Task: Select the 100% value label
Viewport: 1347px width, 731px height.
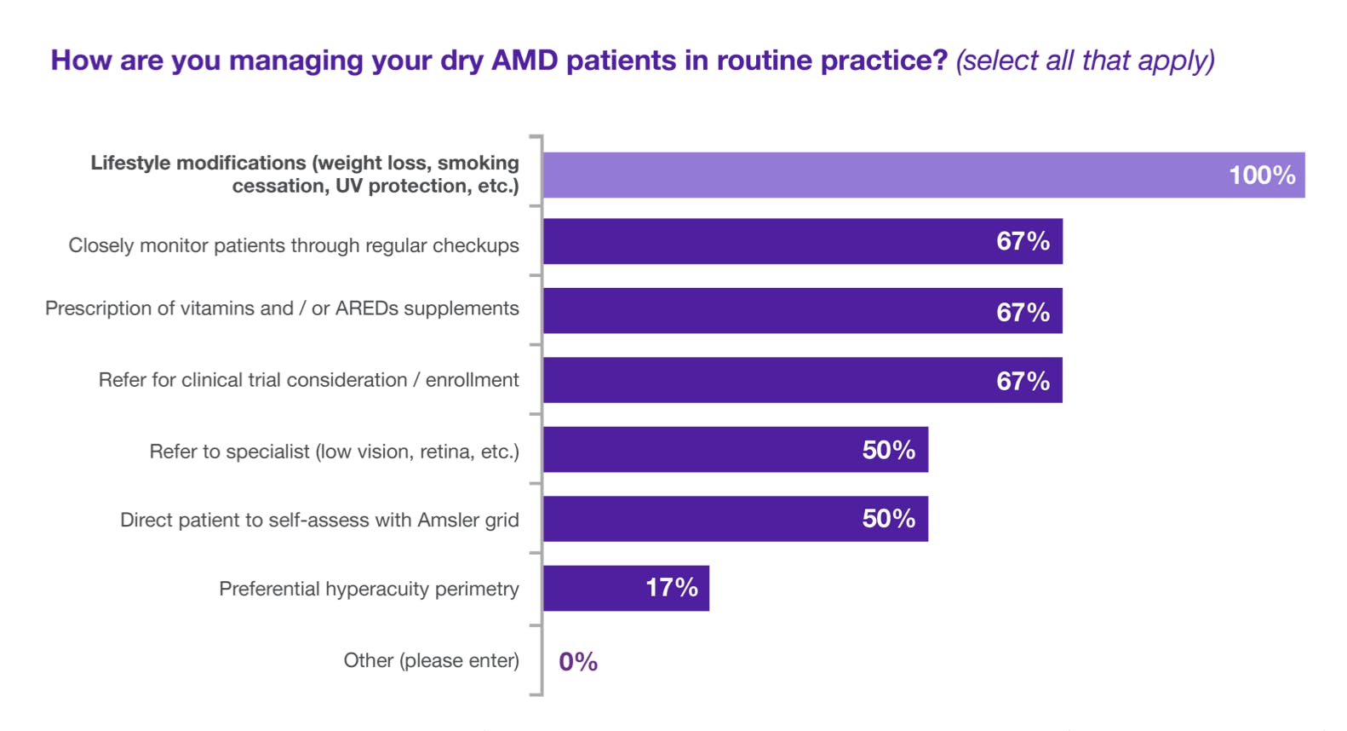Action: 1261,176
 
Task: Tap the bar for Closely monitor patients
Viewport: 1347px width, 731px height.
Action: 766,241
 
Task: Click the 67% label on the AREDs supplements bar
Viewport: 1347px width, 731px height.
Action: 1023,312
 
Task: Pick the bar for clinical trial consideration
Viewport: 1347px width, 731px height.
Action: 766,380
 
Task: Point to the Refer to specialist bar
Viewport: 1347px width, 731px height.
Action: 698,449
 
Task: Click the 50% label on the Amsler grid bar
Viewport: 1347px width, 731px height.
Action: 888,518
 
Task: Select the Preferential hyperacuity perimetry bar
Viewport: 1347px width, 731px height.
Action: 596,588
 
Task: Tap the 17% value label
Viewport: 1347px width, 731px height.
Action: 671,587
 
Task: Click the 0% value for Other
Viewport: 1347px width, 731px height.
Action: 578,662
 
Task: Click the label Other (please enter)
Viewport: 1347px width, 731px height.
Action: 431,660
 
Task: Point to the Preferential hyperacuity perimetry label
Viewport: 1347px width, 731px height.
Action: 369,589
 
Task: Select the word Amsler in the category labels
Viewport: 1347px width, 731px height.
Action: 450,520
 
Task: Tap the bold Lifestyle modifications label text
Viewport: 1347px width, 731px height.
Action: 305,174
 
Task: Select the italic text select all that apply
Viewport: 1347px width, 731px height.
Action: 1085,60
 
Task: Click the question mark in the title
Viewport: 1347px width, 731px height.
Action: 940,60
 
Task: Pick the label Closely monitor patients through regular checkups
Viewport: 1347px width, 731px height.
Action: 294,245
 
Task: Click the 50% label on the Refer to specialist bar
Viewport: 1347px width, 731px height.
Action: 888,449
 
